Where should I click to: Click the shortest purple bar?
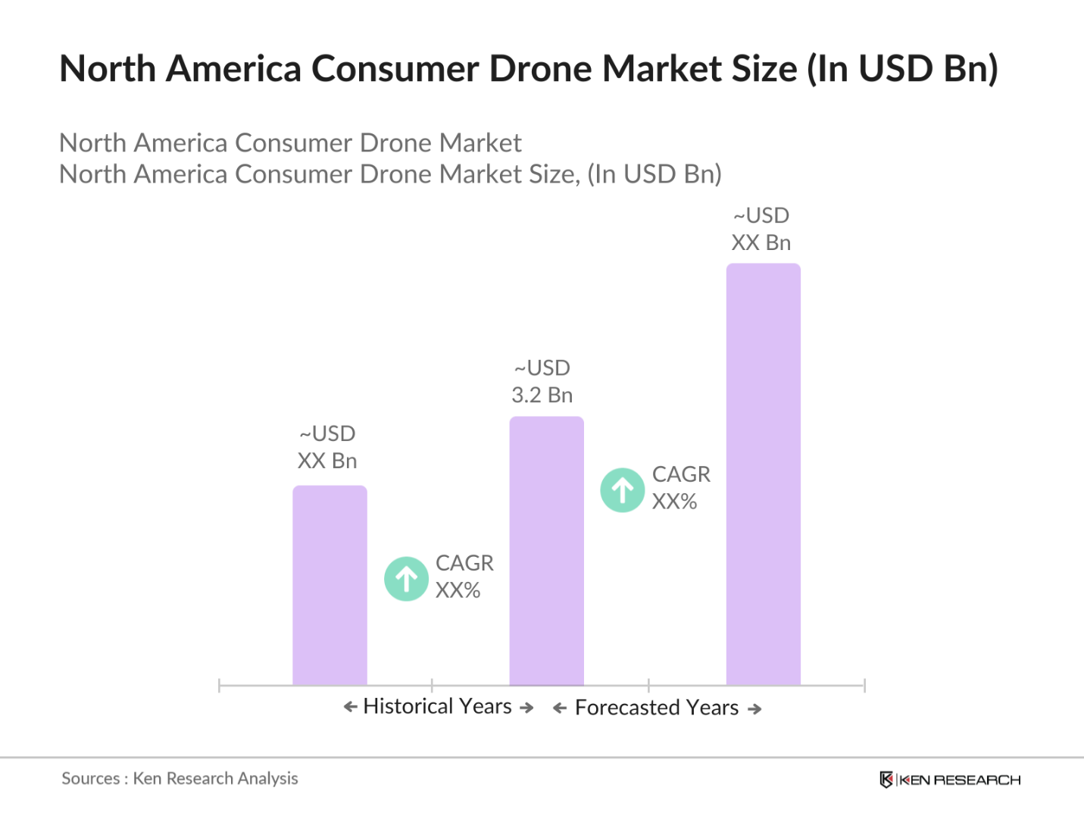(x=330, y=585)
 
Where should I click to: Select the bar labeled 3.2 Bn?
(x=546, y=551)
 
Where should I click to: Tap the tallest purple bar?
(x=763, y=474)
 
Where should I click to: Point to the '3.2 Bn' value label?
(x=542, y=395)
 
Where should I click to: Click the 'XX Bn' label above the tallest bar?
(x=761, y=242)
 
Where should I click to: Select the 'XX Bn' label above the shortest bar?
(x=327, y=461)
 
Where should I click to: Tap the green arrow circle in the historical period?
(x=407, y=579)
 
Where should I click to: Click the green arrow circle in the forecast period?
(x=623, y=490)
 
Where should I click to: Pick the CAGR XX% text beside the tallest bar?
(x=681, y=488)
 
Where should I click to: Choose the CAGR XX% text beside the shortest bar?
(x=464, y=577)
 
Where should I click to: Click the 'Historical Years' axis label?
(x=438, y=706)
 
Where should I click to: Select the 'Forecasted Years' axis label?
(x=657, y=708)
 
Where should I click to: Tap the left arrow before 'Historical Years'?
(x=350, y=707)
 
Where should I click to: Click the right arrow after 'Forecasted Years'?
(x=754, y=709)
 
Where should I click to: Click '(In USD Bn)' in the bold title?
(x=902, y=69)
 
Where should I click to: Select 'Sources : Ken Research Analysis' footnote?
(x=180, y=778)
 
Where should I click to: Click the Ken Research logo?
(x=950, y=780)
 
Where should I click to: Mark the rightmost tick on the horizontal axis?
(x=864, y=686)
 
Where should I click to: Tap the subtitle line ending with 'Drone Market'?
(x=290, y=143)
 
